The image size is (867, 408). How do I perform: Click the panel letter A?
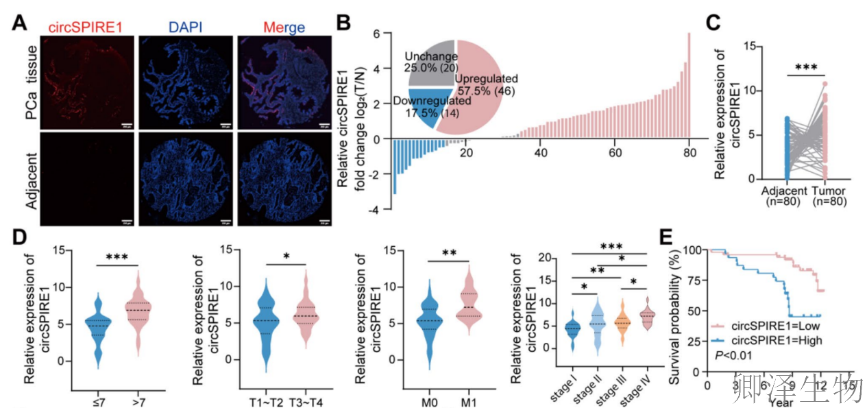point(20,22)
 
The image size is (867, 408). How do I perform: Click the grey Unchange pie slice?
point(430,62)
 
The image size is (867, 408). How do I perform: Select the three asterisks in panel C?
point(806,67)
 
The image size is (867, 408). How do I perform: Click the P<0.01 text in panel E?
point(736,355)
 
